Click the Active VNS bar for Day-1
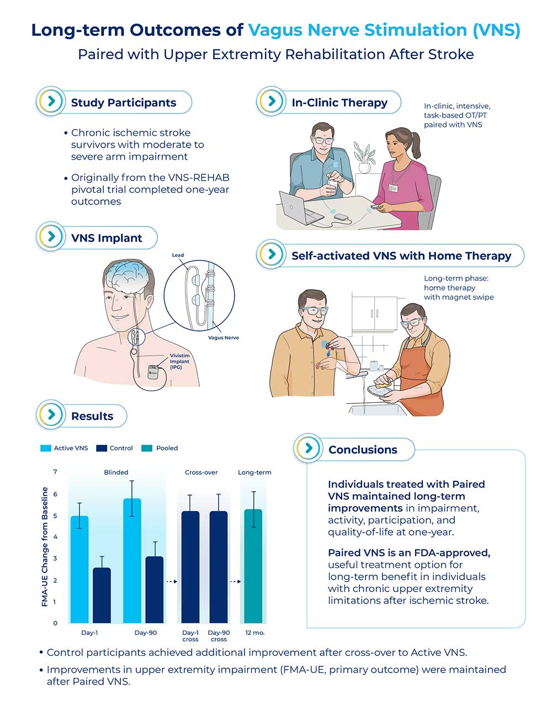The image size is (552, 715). (x=79, y=569)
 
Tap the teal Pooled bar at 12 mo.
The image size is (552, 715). (x=253, y=566)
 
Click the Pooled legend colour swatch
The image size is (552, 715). (x=147, y=448)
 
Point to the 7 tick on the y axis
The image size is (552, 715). (x=55, y=472)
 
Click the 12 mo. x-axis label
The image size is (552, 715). (x=255, y=633)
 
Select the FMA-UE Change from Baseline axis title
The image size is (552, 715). (x=45, y=546)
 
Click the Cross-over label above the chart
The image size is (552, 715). (x=201, y=472)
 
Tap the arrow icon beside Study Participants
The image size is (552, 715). (x=51, y=101)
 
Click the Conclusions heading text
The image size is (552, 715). (x=363, y=450)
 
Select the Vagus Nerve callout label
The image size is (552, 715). (x=223, y=338)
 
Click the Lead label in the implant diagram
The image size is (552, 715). (x=178, y=255)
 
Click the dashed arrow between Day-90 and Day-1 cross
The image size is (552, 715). (x=171, y=581)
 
